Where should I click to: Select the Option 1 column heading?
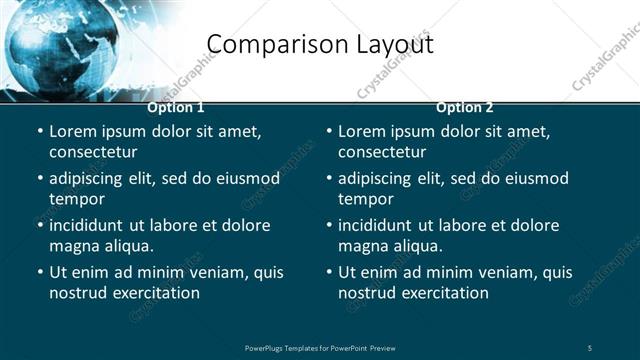176,107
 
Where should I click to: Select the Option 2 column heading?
465,107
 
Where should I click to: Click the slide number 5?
590,347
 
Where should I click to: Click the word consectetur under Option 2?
382,152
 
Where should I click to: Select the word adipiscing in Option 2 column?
379,178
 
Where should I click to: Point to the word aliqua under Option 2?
420,246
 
